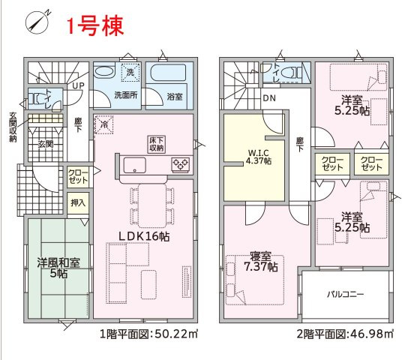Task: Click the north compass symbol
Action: [x=38, y=22]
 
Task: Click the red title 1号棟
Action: [x=94, y=25]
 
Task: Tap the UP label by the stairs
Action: [x=78, y=85]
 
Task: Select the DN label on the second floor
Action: [x=269, y=98]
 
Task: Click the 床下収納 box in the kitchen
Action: [x=157, y=144]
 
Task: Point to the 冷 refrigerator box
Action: [x=104, y=124]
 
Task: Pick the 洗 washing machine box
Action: [x=130, y=72]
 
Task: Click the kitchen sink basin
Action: [x=134, y=165]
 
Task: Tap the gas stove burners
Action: [x=180, y=165]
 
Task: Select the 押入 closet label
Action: [x=78, y=203]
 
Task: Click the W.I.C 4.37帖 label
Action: [x=259, y=157]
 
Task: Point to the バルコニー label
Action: [x=345, y=295]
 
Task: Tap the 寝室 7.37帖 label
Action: [x=261, y=262]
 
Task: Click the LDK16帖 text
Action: [x=144, y=236]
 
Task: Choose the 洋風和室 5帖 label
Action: [x=58, y=268]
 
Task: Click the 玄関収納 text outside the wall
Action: [x=13, y=127]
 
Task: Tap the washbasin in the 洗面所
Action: [x=103, y=71]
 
